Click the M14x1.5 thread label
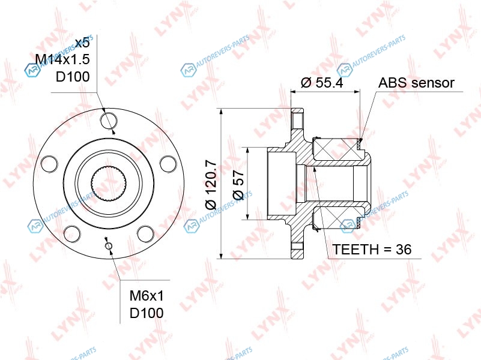pos(62,59)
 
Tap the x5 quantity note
pos(82,43)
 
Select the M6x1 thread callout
pos(147,296)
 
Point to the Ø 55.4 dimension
pos(322,82)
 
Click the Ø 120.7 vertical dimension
pos(211,185)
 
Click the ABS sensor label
pos(416,83)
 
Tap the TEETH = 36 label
pos(372,249)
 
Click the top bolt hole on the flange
pos(109,121)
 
